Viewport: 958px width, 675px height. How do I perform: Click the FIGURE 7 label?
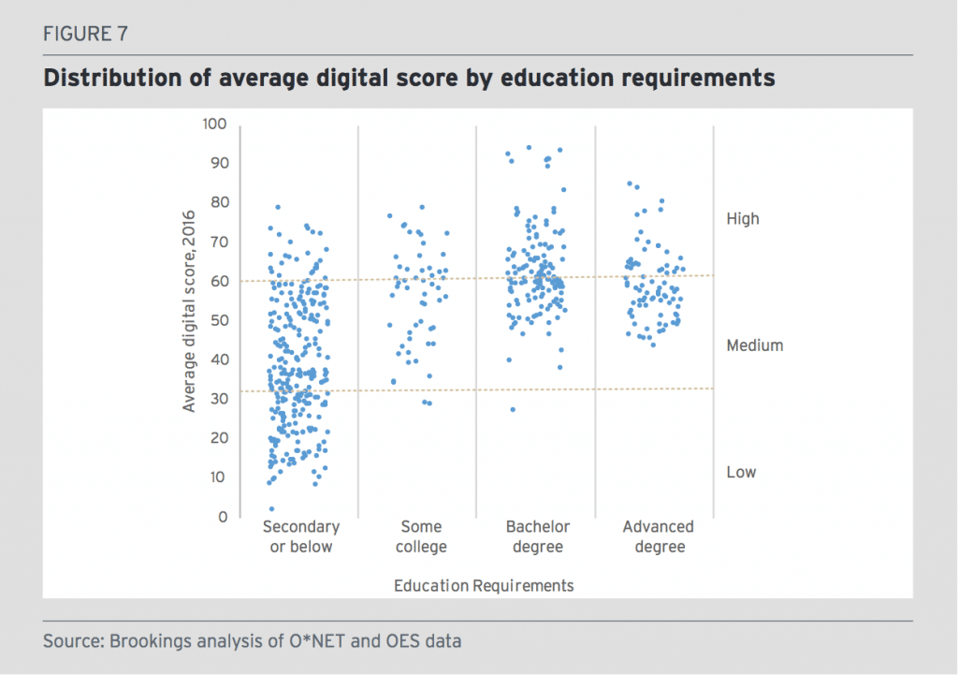[x=85, y=35]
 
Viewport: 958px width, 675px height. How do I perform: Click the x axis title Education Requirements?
[x=484, y=586]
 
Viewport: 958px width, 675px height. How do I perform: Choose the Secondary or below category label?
[x=300, y=536]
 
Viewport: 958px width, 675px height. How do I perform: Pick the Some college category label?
[x=421, y=536]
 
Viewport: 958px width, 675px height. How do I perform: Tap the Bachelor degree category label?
[x=538, y=536]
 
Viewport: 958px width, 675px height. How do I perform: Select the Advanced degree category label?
[x=659, y=536]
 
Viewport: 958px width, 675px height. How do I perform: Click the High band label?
[x=743, y=219]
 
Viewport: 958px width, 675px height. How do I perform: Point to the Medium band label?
[x=754, y=345]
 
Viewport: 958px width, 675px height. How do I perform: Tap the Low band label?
[x=741, y=472]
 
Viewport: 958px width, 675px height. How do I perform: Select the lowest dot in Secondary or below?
[x=271, y=508]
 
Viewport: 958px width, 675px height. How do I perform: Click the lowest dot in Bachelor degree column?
[x=513, y=409]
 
